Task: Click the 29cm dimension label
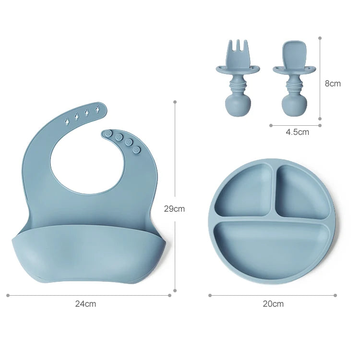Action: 174,209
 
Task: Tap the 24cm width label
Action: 85,304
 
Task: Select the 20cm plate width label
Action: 273,304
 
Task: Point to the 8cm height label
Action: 333,84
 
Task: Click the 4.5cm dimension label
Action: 297,132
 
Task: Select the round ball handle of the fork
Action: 238,106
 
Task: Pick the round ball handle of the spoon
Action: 294,106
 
